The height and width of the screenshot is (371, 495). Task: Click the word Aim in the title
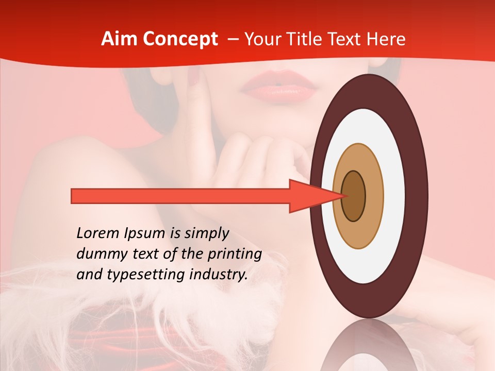tap(119, 39)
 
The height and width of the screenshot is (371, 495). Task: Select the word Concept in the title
tap(180, 40)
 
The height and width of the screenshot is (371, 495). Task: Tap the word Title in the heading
tap(310, 39)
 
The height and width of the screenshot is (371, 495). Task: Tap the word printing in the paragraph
tap(235, 255)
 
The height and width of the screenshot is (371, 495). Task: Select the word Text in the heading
tap(351, 39)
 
